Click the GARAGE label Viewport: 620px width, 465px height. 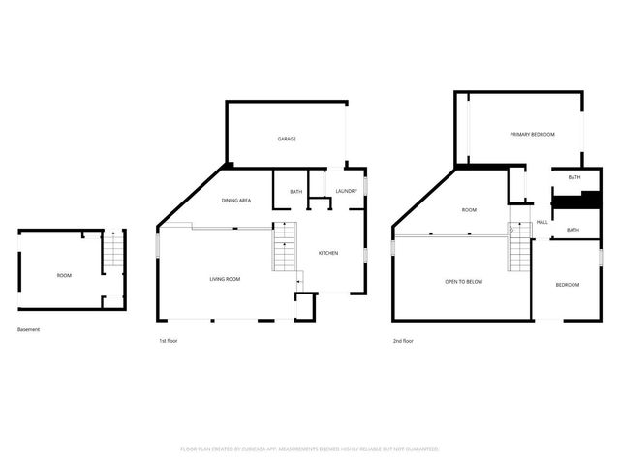[x=287, y=139]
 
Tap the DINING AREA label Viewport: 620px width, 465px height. [x=236, y=201]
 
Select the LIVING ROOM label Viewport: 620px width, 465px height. [x=225, y=279]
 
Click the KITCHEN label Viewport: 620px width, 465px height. [x=328, y=253]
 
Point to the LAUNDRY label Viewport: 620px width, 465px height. [x=346, y=191]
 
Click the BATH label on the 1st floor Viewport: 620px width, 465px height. [x=296, y=191]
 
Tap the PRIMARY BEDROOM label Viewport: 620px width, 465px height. [x=532, y=134]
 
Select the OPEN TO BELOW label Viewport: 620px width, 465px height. [x=463, y=281]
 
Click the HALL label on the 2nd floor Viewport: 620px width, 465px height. [x=542, y=222]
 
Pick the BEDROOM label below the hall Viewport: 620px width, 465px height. [x=567, y=284]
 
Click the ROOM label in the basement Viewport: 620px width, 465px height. [x=64, y=276]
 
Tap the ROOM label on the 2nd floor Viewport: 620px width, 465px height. [x=469, y=210]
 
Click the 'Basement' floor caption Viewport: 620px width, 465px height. [x=29, y=329]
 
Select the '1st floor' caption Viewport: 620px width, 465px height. [x=169, y=340]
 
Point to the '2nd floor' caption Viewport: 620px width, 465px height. [x=403, y=340]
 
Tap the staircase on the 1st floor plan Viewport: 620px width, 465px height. [x=284, y=247]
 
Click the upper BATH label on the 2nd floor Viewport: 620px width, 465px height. [x=573, y=177]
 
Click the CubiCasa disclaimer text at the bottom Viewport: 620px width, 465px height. [x=310, y=449]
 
